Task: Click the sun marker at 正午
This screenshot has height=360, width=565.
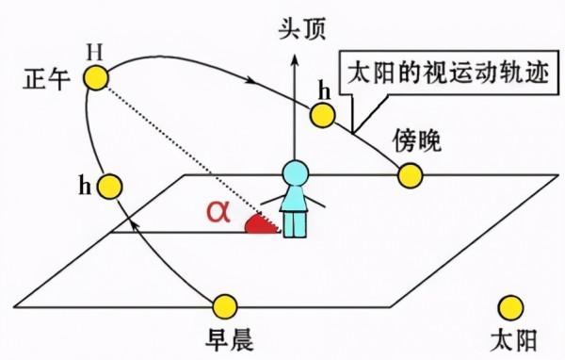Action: (95, 78)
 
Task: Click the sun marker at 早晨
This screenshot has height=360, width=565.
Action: (225, 305)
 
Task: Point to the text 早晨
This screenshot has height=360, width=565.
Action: (225, 336)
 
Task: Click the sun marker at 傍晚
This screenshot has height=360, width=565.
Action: (410, 175)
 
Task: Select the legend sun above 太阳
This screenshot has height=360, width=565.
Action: (511, 307)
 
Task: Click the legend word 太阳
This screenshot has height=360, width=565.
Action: (511, 337)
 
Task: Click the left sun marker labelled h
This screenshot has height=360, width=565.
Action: (111, 186)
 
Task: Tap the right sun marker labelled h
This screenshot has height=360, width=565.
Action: (322, 116)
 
